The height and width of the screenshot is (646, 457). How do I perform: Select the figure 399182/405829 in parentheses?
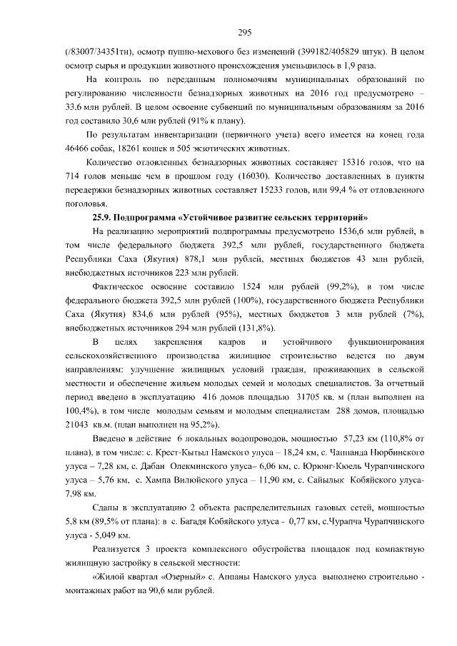[x=344, y=54]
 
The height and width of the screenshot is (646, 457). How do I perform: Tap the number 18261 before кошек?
[x=126, y=148]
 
